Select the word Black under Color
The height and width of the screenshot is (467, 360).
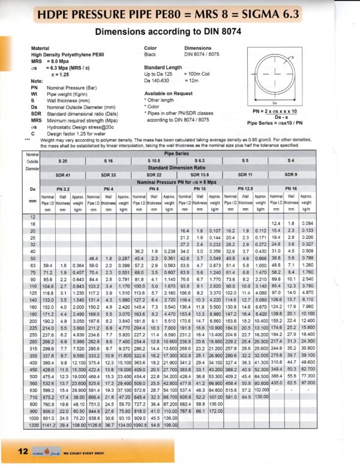pos(151,53)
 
